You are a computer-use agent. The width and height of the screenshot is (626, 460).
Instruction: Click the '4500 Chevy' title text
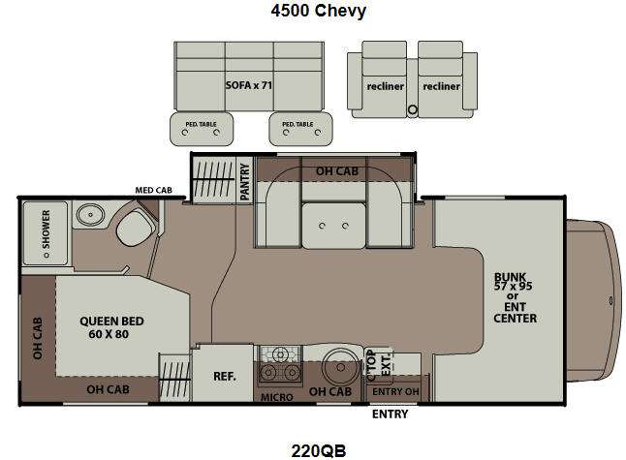click(x=318, y=11)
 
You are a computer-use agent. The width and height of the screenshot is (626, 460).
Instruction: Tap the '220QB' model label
click(x=319, y=451)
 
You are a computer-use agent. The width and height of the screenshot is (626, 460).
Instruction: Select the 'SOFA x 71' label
click(x=248, y=85)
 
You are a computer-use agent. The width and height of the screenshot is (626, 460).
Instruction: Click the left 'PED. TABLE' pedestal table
click(x=202, y=129)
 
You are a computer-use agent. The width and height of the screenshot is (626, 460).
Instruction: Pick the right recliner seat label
click(x=441, y=86)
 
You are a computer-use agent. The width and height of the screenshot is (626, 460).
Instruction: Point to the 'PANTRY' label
click(x=245, y=182)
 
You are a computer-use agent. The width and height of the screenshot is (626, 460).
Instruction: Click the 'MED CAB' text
click(x=153, y=191)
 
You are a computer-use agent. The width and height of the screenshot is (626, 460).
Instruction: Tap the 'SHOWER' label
click(x=46, y=230)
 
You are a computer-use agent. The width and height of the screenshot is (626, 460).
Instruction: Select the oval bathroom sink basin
click(x=90, y=215)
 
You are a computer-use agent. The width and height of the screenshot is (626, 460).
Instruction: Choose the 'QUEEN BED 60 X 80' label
click(x=111, y=327)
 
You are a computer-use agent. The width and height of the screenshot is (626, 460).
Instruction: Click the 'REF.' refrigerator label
click(x=225, y=376)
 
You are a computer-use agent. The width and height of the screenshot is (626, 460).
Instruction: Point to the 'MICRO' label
click(x=277, y=397)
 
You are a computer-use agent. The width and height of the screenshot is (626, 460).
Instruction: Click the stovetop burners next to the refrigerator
click(x=280, y=364)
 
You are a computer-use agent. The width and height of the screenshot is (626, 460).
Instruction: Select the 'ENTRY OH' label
click(x=395, y=392)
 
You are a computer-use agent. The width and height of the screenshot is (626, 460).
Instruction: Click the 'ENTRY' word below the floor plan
click(x=391, y=414)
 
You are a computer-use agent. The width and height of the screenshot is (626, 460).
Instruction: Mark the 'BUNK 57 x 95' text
click(x=513, y=281)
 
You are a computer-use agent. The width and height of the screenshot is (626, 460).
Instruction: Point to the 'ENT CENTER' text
click(x=515, y=313)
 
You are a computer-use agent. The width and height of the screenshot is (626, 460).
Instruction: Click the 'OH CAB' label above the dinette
click(x=337, y=171)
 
